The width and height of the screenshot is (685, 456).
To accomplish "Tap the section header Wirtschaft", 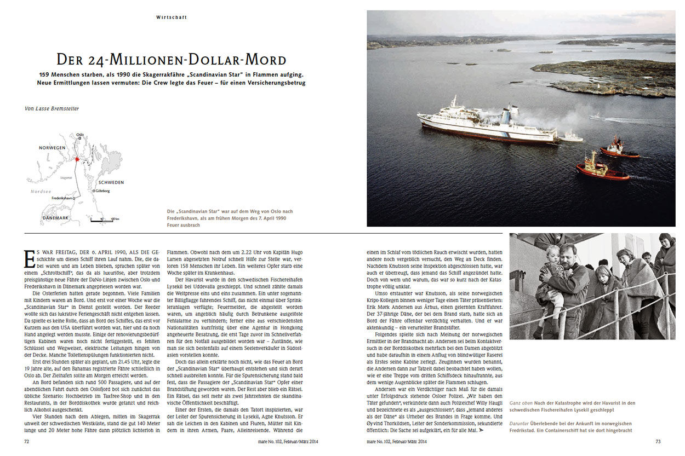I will tap(172, 18).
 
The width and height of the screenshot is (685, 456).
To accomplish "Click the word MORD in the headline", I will tap(263, 60).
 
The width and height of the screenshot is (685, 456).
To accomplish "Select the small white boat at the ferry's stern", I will tap(570, 137).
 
